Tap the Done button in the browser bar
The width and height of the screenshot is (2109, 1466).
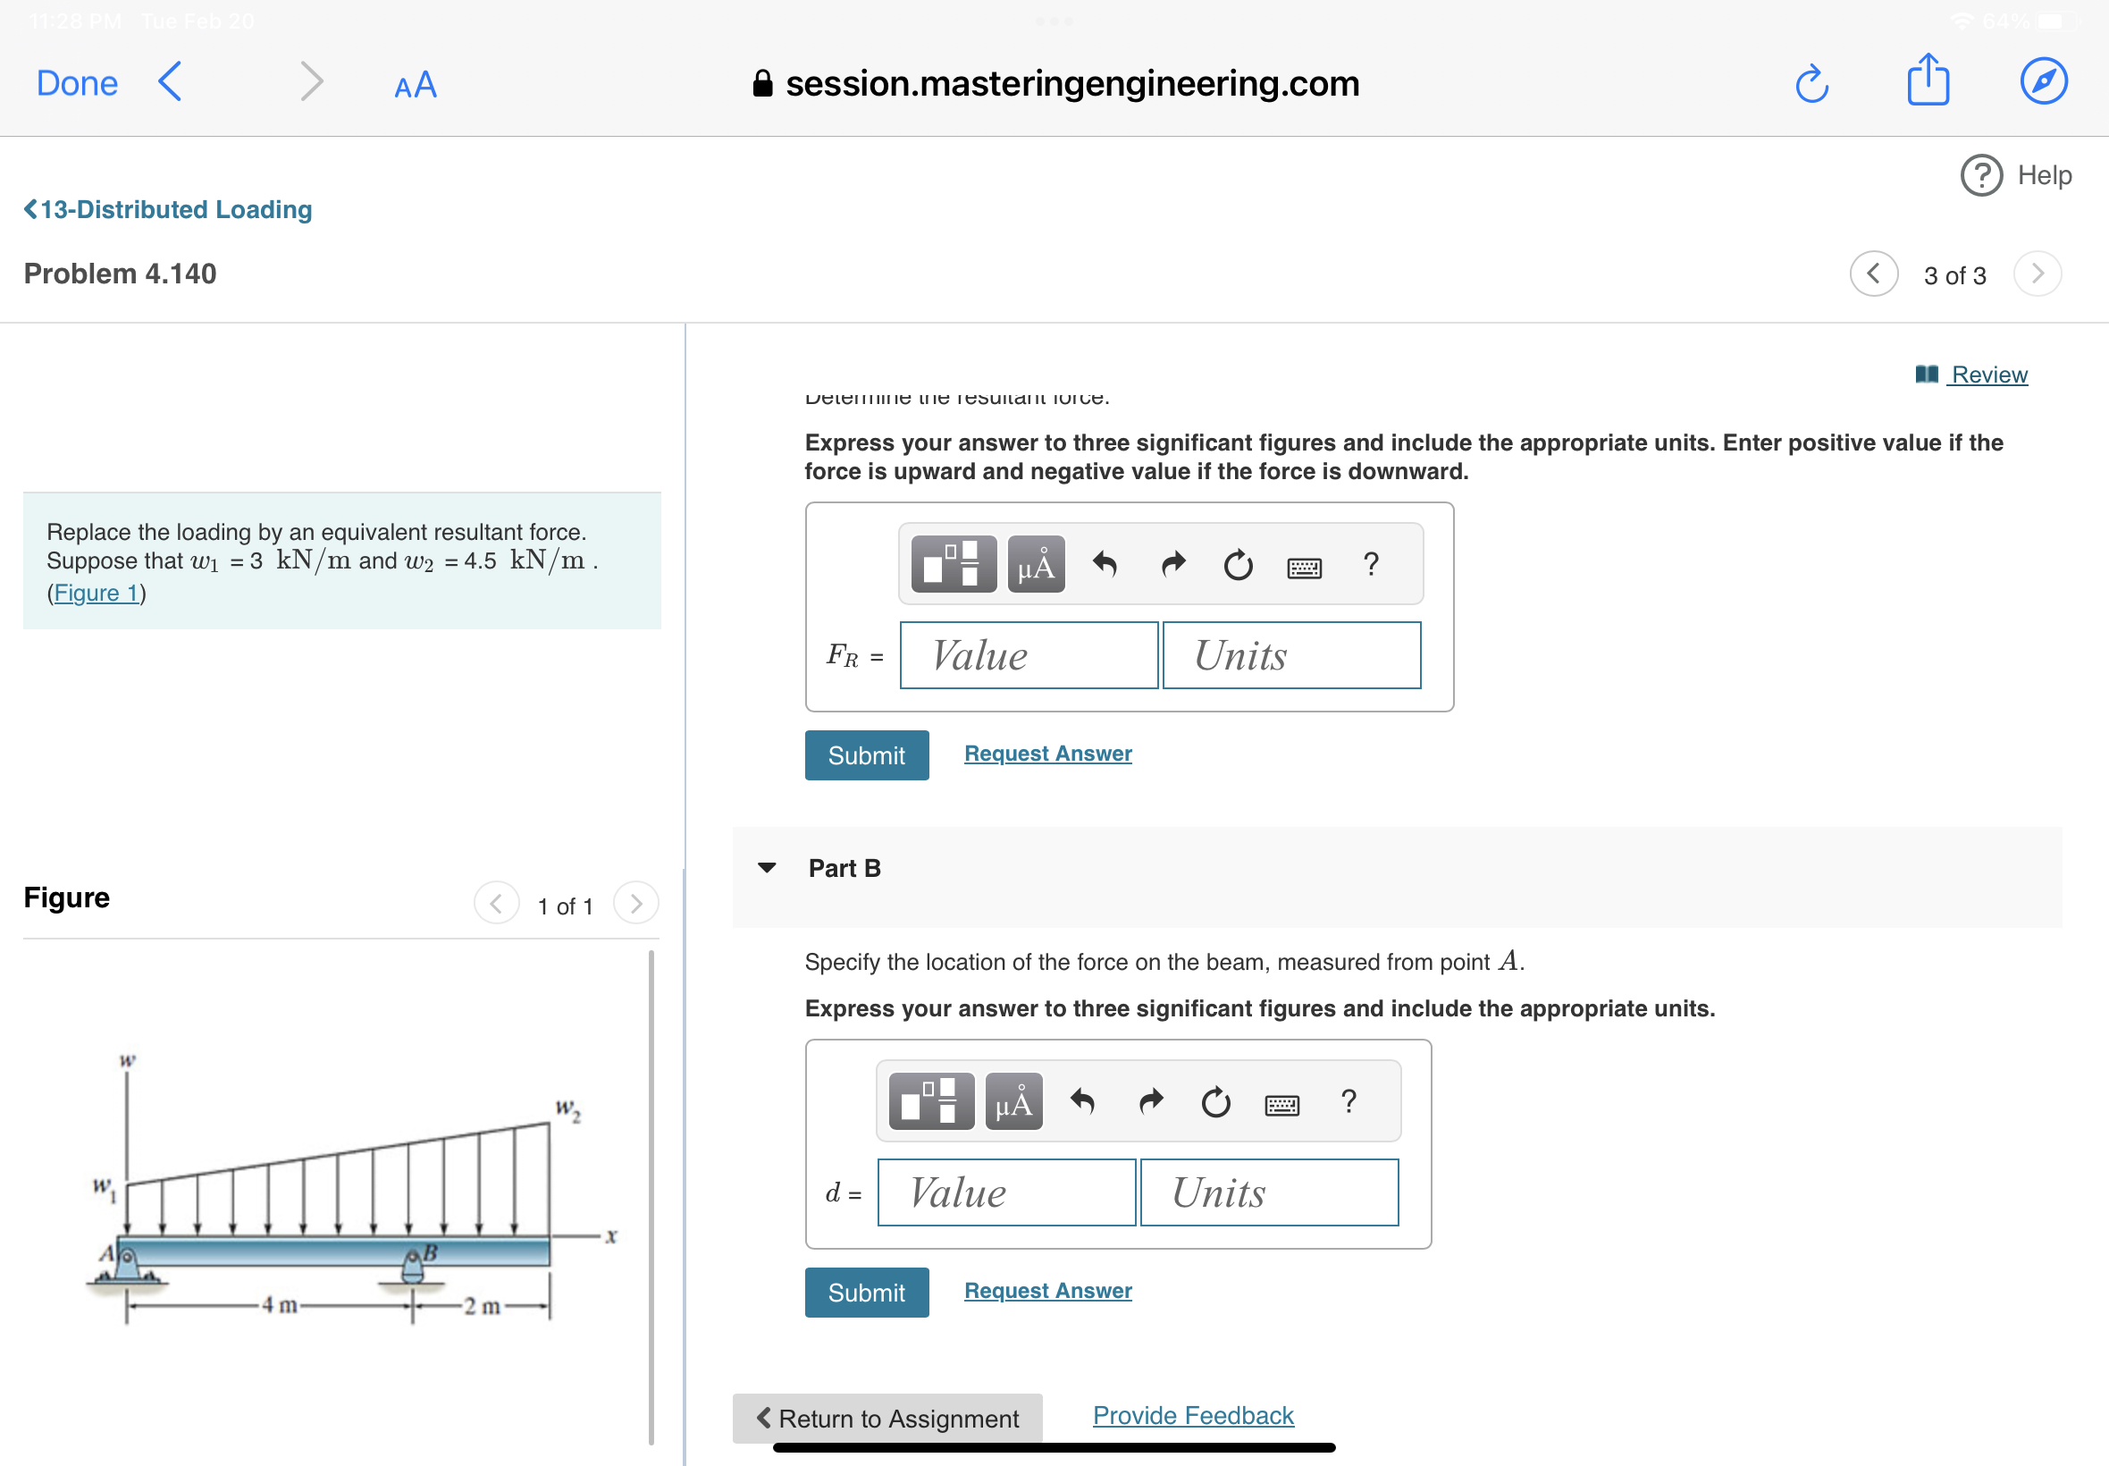tap(77, 84)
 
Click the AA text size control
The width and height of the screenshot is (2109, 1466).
tap(415, 86)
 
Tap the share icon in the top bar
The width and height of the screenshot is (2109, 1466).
tap(1928, 80)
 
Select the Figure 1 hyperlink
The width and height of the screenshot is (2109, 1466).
tap(96, 593)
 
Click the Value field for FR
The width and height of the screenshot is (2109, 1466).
tap(1029, 656)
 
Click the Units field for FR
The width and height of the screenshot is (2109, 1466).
tap(1291, 656)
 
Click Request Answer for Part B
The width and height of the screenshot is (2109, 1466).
tap(1047, 1291)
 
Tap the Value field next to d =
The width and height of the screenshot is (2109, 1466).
tap(1006, 1192)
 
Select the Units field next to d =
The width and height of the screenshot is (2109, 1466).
tap(1269, 1192)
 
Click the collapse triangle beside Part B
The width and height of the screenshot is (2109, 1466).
tap(767, 867)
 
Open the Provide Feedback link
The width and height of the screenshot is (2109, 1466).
tap(1193, 1415)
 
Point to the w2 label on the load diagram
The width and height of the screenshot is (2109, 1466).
tap(568, 1109)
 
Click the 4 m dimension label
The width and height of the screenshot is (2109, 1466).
tap(279, 1305)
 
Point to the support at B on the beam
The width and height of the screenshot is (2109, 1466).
tap(413, 1268)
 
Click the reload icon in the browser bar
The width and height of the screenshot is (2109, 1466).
tap(1811, 84)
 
